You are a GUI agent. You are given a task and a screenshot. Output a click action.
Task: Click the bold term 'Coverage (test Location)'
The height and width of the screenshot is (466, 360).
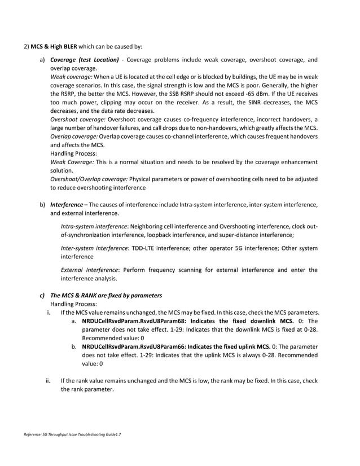coord(85,60)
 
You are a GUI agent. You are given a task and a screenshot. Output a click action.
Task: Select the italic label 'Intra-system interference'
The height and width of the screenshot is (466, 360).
coord(93,226)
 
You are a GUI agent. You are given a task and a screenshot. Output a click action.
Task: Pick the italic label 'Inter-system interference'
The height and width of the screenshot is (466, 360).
coord(93,248)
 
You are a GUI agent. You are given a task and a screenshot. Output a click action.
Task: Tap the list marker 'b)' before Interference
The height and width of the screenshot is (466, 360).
coord(42,204)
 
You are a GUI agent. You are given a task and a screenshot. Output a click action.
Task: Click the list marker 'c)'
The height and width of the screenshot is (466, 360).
coord(41,295)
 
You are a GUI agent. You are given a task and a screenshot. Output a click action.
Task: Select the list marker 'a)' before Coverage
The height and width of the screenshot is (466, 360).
coord(42,60)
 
